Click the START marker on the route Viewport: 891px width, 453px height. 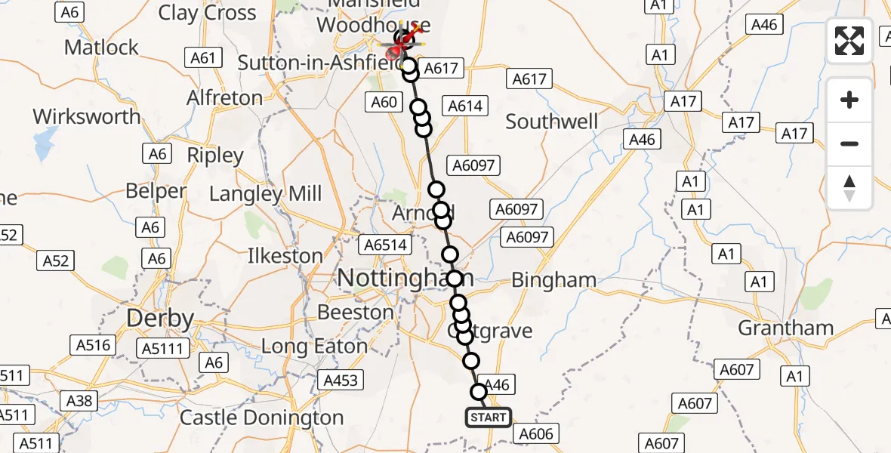tap(488, 417)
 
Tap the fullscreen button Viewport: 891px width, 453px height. tap(849, 41)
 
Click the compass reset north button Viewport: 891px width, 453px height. tap(849, 188)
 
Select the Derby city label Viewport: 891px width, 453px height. tap(160, 318)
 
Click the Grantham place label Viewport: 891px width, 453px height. tap(785, 328)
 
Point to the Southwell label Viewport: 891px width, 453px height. tap(551, 122)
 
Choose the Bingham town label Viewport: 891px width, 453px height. tap(553, 280)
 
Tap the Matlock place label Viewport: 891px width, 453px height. tap(101, 47)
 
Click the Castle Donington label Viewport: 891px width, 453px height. tap(261, 418)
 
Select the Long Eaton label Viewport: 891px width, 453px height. tap(314, 347)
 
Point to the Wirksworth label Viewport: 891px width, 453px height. tap(87, 117)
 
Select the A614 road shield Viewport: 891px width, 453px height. tap(464, 106)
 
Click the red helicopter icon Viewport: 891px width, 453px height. tap(395, 51)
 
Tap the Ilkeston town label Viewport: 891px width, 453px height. tap(285, 256)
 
